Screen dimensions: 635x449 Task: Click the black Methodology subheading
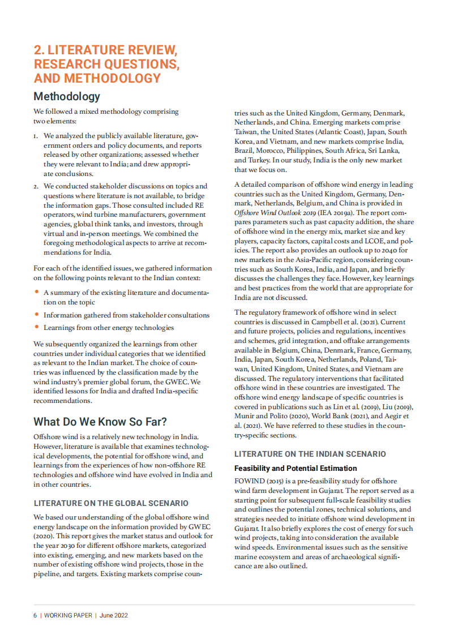[x=67, y=96]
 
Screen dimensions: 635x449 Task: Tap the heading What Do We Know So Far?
[x=100, y=422]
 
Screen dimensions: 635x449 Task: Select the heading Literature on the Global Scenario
[x=111, y=503]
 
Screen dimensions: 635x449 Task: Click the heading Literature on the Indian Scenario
[x=310, y=454]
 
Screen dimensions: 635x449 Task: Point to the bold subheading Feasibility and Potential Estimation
[x=296, y=469]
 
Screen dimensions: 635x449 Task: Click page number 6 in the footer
[x=35, y=615]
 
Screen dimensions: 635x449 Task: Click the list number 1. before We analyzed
[x=36, y=136]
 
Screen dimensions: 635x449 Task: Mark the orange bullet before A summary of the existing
[x=37, y=293]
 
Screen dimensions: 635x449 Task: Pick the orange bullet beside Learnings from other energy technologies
[x=37, y=327]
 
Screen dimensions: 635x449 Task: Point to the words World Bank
[x=320, y=416]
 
